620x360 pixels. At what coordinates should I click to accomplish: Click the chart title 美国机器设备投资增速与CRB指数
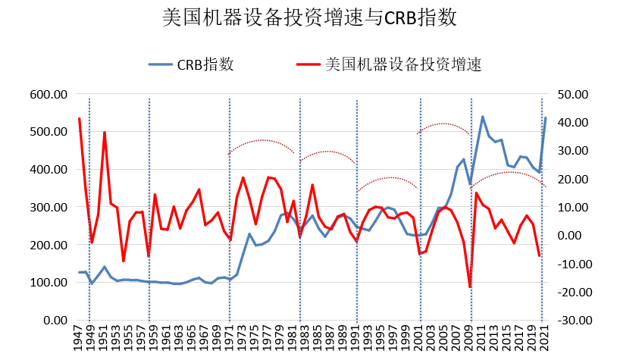(x=310, y=18)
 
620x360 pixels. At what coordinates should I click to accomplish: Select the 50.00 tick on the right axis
(x=573, y=94)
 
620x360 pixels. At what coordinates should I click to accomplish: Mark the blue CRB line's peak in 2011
(x=483, y=117)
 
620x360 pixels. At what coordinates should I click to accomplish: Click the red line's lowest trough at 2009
(x=470, y=287)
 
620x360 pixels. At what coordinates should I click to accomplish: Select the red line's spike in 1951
(x=105, y=133)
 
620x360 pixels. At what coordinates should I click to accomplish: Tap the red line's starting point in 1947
(x=80, y=119)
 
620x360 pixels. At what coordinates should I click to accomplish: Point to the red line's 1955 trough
(x=124, y=261)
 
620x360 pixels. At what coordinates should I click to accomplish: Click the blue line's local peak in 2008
(x=464, y=159)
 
